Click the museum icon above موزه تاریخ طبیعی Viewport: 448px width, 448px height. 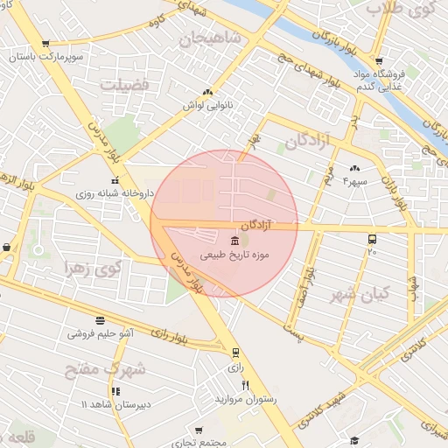pos(234,241)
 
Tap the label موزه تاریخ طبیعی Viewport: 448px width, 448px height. pos(234,255)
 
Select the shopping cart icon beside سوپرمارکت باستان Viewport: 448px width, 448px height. pos(45,44)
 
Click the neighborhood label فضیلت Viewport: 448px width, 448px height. pos(126,85)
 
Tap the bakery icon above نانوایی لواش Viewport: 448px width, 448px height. pos(207,92)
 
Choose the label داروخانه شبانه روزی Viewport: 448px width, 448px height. pos(114,192)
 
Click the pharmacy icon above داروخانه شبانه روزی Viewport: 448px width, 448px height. pos(115,180)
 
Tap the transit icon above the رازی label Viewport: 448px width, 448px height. pos(234,353)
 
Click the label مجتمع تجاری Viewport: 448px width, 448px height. pos(199,442)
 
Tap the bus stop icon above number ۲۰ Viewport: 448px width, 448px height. pos(372,239)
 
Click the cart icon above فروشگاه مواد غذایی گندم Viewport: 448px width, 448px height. pos(378,61)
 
